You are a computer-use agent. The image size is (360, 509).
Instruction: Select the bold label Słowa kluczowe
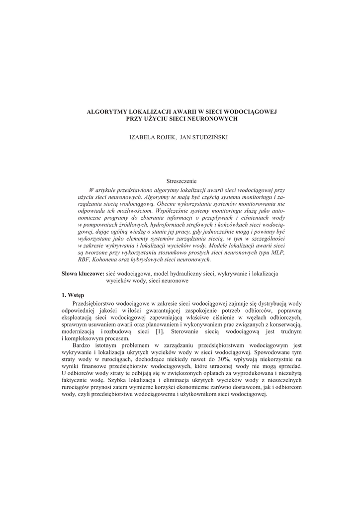(83, 273)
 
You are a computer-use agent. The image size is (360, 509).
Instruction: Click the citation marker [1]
(160, 331)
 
